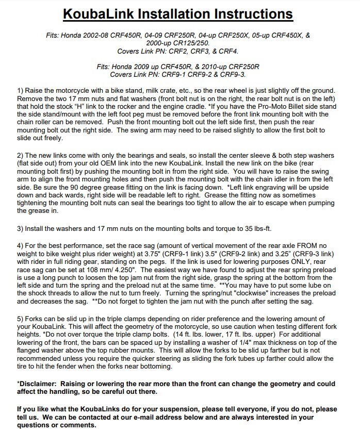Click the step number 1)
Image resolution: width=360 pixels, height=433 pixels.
[x=21, y=90]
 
